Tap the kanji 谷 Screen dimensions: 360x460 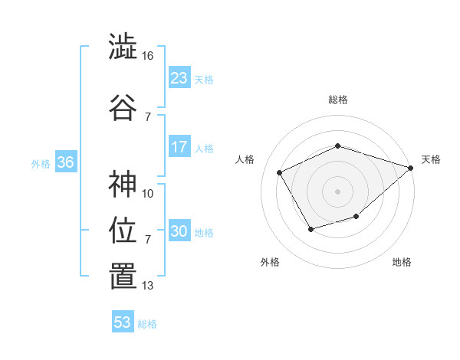[123, 107]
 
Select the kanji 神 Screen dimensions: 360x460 [123, 184]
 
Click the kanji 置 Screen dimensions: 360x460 [123, 277]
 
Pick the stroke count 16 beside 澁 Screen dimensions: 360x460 [148, 56]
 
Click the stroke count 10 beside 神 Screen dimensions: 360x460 [148, 193]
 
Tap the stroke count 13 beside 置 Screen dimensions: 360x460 [148, 286]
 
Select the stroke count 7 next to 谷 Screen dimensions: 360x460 [148, 116]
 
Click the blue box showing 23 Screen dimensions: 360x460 [179, 78]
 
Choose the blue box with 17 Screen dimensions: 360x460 [179, 147]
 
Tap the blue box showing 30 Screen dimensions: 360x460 [179, 231]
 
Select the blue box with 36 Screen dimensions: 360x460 [65, 162]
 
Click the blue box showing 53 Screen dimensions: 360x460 [123, 322]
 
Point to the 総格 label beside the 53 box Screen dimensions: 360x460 [147, 324]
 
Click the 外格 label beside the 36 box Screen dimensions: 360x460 [41, 164]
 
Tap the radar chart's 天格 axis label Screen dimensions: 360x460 [431, 159]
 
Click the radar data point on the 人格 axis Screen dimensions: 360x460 [280, 172]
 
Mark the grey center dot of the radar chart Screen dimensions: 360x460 [337, 191]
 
